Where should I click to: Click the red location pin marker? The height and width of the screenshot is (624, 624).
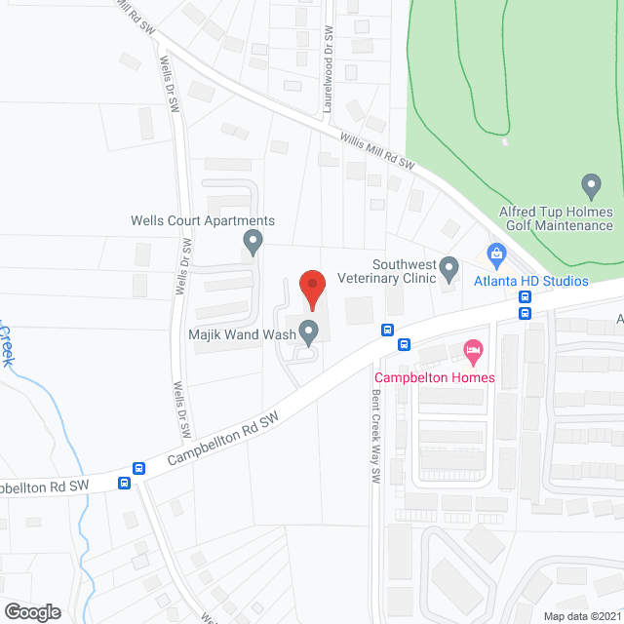tap(311, 288)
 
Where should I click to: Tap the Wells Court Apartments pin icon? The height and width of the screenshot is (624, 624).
tap(253, 240)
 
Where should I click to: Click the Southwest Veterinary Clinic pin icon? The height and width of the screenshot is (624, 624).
tap(448, 265)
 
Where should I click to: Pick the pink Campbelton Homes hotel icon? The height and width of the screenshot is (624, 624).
tap(473, 349)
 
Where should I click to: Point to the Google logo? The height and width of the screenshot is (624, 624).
tap(32, 611)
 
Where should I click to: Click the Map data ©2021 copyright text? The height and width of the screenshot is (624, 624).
tap(582, 616)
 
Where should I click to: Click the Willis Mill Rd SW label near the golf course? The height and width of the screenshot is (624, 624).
tap(378, 152)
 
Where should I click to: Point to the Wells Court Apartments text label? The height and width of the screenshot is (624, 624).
tap(203, 220)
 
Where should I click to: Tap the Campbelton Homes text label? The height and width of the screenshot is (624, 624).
tap(436, 377)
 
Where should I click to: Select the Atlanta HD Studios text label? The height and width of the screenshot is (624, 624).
tap(531, 281)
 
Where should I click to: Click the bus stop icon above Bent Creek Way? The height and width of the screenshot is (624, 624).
tap(387, 330)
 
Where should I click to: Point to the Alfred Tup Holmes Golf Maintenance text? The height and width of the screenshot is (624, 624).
tap(556, 218)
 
